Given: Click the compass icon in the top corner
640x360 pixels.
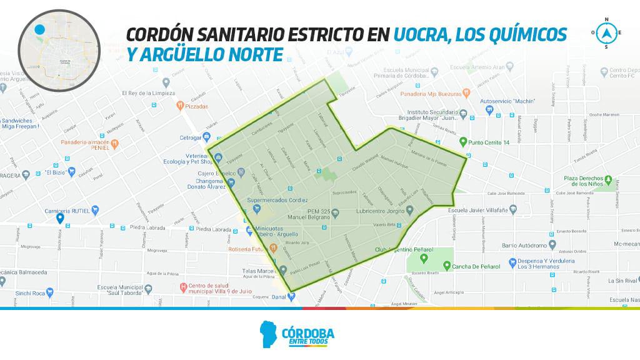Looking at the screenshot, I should [605, 32].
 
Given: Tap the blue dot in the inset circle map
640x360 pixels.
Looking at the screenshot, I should [40, 29].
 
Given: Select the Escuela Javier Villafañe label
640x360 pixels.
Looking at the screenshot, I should [484, 211].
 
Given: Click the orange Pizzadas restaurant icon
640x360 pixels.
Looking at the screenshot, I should [180, 106].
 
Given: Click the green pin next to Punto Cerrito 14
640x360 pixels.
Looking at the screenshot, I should [462, 141].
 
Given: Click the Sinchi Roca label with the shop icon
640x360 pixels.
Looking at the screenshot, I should [30, 292].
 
